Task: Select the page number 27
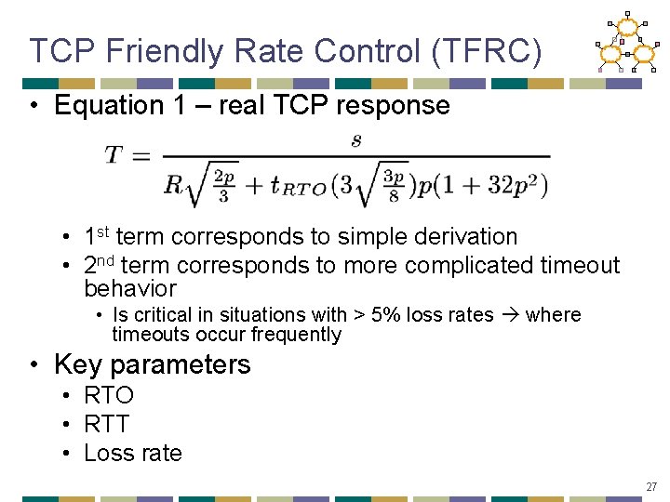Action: point(651,485)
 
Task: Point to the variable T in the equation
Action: point(114,155)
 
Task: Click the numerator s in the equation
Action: point(355,140)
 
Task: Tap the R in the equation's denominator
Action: point(173,184)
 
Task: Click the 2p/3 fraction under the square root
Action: point(222,185)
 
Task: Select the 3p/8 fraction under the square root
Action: point(394,185)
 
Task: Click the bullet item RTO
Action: point(109,395)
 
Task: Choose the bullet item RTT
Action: point(107,424)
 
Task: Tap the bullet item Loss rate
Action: point(133,453)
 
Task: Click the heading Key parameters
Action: point(153,363)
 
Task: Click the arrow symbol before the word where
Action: point(509,314)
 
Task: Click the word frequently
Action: point(290,335)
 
